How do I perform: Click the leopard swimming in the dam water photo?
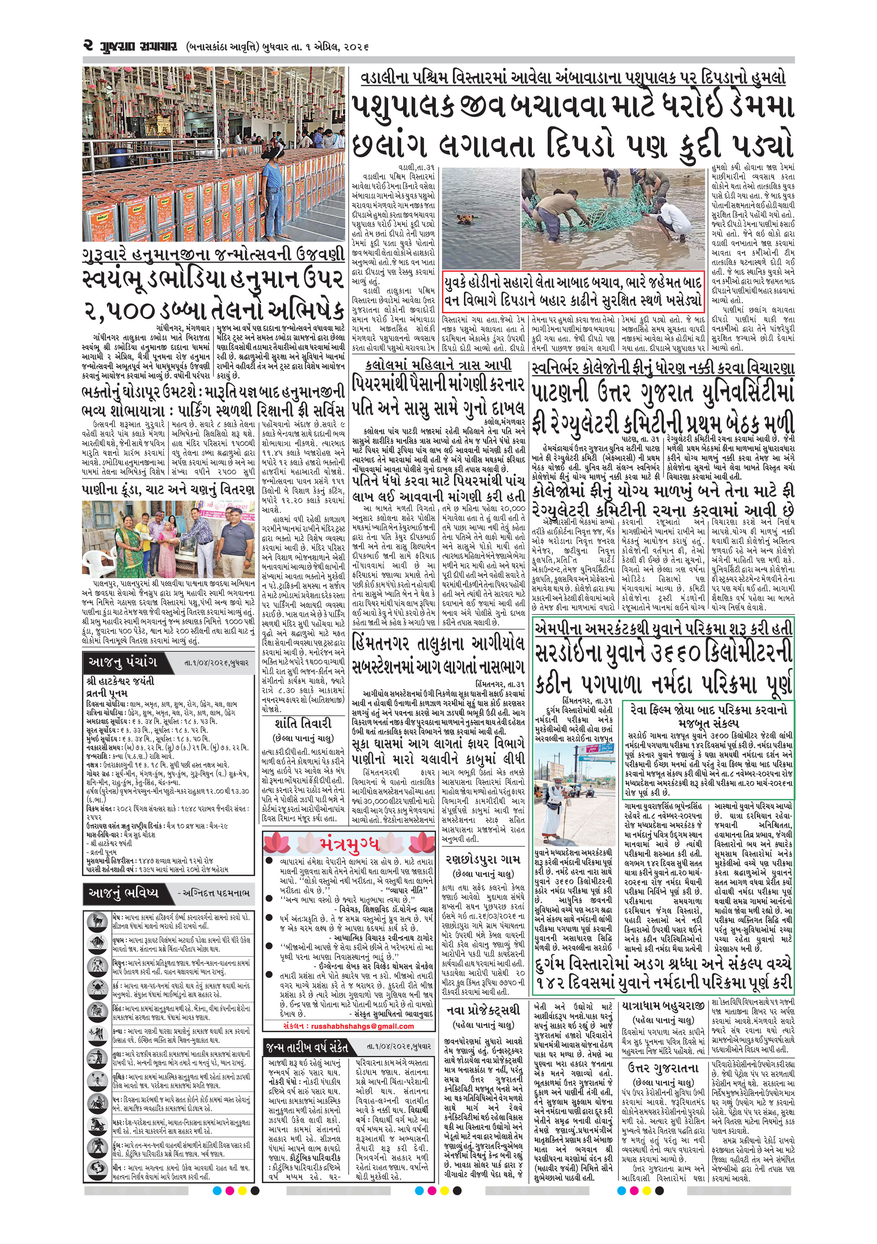465,219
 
